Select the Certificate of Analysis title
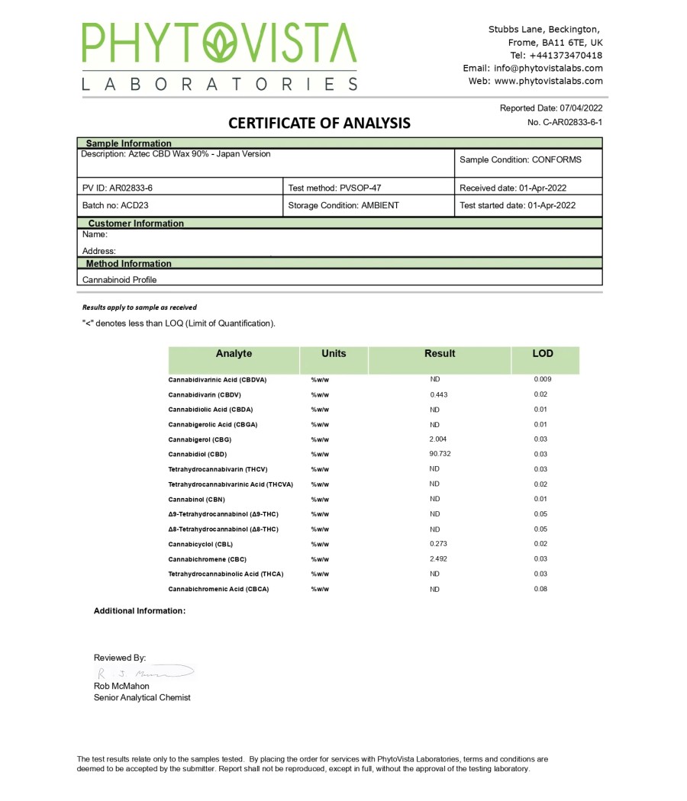point(319,123)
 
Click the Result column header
point(439,354)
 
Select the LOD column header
point(543,354)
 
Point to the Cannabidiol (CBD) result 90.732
point(440,454)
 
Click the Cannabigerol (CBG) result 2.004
point(438,439)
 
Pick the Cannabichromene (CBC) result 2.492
point(438,559)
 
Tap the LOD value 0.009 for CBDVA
point(543,379)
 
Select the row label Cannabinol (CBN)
point(196,499)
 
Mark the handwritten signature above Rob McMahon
point(145,673)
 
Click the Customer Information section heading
point(136,224)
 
